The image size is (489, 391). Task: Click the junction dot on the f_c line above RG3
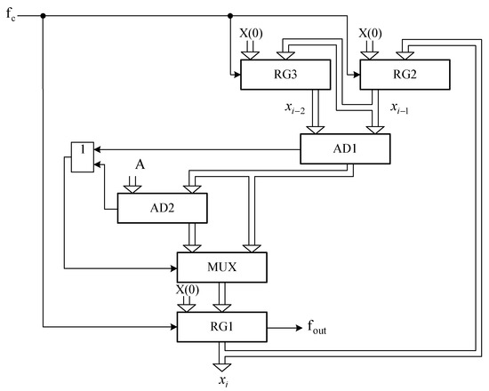pos(230,15)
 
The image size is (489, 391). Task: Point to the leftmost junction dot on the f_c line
pos(43,15)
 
